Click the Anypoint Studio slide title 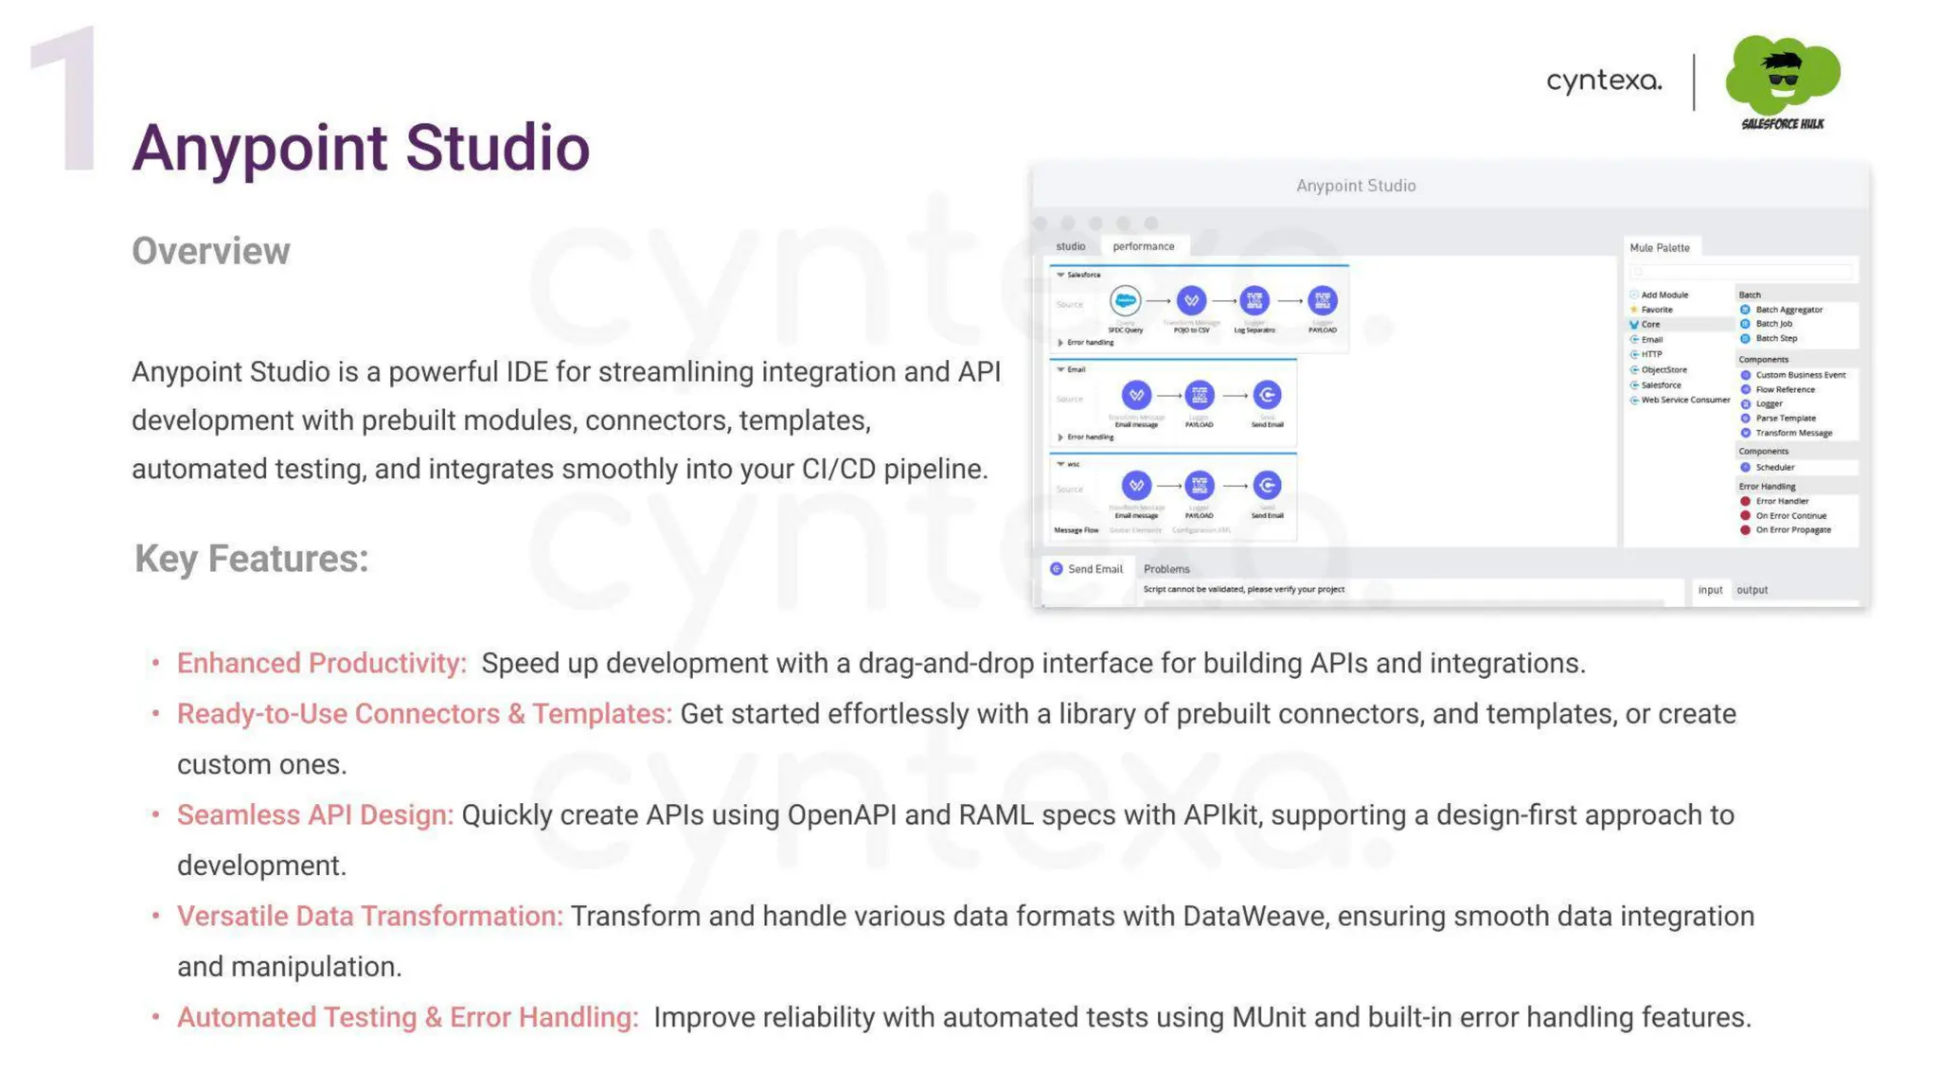pyautogui.click(x=361, y=149)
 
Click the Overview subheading pyautogui.click(x=210, y=251)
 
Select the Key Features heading pyautogui.click(x=251, y=558)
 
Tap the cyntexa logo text pyautogui.click(x=1604, y=80)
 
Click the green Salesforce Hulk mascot pyautogui.click(x=1782, y=76)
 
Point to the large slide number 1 pyautogui.click(x=66, y=99)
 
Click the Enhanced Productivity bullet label pyautogui.click(x=322, y=663)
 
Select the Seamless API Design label pyautogui.click(x=315, y=814)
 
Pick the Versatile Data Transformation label pyautogui.click(x=369, y=916)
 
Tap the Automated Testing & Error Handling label pyautogui.click(x=407, y=1017)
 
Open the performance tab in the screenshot pyautogui.click(x=1143, y=246)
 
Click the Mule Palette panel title pyautogui.click(x=1659, y=248)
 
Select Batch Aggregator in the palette pyautogui.click(x=1788, y=310)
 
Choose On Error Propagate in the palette pyautogui.click(x=1792, y=530)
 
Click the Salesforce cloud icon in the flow pyautogui.click(x=1125, y=301)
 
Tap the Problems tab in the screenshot pyautogui.click(x=1165, y=569)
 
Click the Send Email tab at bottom pyautogui.click(x=1094, y=569)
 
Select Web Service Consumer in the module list pyautogui.click(x=1684, y=400)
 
